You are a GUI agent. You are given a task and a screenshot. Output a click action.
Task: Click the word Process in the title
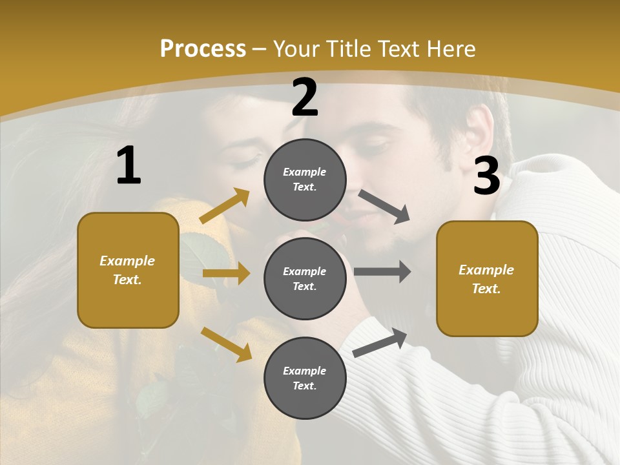click(x=203, y=49)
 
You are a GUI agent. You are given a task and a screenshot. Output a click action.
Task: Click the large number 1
click(x=129, y=166)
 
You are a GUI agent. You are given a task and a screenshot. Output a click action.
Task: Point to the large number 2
click(x=305, y=98)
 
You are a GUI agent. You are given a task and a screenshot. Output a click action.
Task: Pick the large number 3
click(x=486, y=176)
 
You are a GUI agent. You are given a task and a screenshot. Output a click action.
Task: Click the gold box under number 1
click(x=128, y=270)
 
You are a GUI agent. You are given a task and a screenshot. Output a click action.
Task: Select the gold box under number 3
click(x=487, y=278)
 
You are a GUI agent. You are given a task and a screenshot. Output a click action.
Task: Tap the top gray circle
click(x=305, y=180)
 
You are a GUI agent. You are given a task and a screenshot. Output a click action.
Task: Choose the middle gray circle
click(x=305, y=278)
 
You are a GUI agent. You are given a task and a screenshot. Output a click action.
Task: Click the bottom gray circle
click(x=305, y=378)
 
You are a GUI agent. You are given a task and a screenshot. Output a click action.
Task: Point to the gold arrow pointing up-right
click(x=225, y=206)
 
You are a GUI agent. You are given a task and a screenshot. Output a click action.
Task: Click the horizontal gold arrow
click(x=226, y=274)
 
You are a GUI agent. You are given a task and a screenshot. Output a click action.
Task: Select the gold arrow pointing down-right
click(x=227, y=344)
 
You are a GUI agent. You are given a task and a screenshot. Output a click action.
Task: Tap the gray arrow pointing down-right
click(x=384, y=207)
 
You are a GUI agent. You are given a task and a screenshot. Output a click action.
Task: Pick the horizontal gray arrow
click(x=382, y=271)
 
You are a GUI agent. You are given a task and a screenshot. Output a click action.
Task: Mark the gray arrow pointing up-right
click(x=380, y=343)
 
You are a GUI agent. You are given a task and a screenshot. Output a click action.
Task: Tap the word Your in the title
click(x=296, y=49)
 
